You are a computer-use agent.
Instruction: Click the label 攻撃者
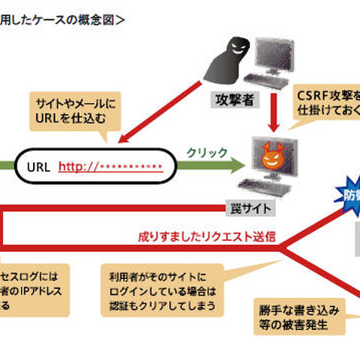pyautogui.click(x=232, y=97)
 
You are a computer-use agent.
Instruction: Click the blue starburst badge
pyautogui.click(x=346, y=197)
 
